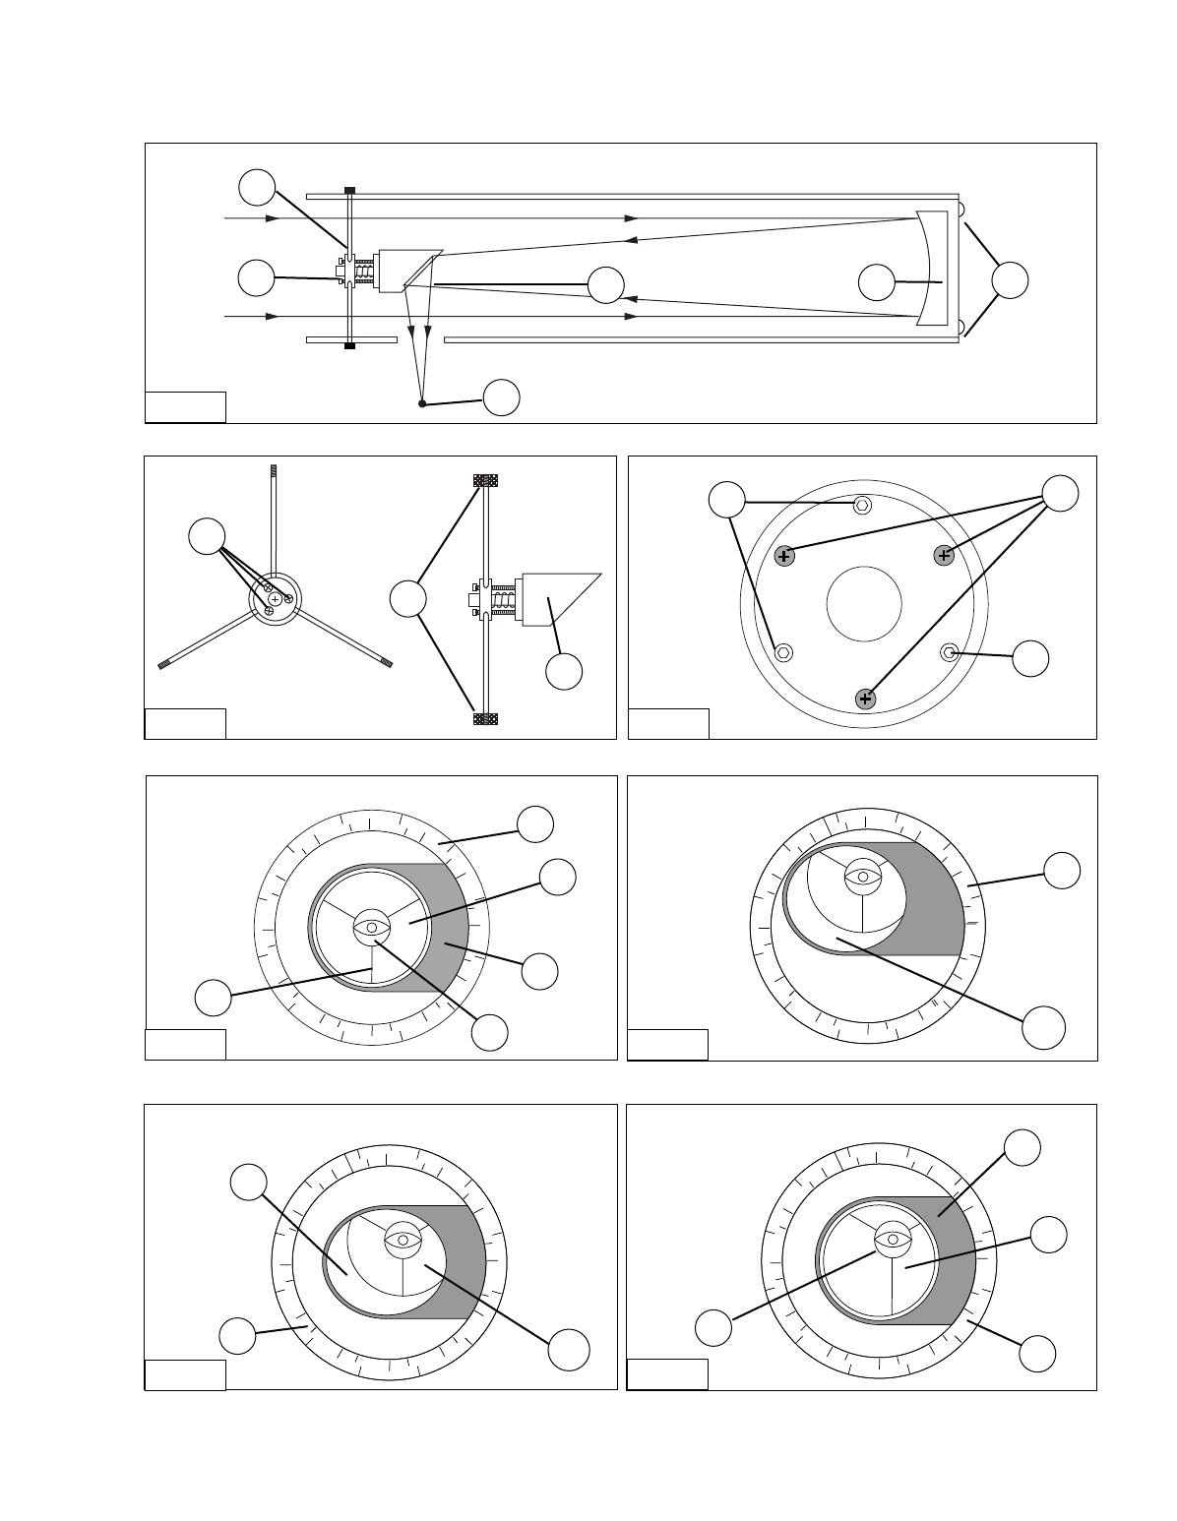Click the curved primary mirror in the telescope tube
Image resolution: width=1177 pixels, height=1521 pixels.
pos(926,268)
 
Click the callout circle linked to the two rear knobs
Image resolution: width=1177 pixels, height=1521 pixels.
pos(1010,280)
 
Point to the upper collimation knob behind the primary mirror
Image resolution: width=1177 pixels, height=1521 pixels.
pos(961,210)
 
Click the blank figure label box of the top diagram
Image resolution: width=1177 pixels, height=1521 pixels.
pos(185,406)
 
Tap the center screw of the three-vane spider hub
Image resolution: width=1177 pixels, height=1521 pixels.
pos(276,599)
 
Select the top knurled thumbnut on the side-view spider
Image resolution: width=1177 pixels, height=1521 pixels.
pos(486,481)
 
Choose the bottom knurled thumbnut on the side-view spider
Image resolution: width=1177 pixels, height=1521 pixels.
pos(486,718)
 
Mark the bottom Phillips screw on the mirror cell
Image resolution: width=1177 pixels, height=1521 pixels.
pos(866,699)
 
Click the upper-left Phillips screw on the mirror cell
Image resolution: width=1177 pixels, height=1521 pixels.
pos(784,556)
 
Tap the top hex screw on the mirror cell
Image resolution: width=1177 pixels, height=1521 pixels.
pos(862,505)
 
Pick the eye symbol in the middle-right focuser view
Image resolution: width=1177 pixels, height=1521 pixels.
pos(863,876)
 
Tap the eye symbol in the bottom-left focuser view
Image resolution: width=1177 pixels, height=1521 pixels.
pos(403,1239)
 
